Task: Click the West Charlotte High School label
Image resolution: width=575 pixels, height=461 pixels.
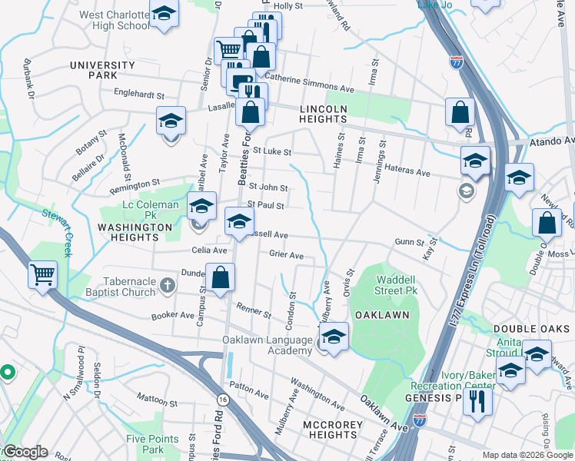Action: pyautogui.click(x=114, y=20)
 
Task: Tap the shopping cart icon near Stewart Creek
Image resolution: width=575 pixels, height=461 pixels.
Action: pyautogui.click(x=42, y=275)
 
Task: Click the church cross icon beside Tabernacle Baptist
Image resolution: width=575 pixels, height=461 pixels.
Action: pyautogui.click(x=166, y=286)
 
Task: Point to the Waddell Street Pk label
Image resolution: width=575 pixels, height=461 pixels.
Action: pyautogui.click(x=397, y=285)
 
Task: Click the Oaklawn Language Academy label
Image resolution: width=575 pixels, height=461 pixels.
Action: pyautogui.click(x=268, y=345)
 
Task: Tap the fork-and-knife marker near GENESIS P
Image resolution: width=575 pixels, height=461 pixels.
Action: pyautogui.click(x=477, y=400)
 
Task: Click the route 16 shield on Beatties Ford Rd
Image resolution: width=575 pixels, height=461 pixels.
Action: pyautogui.click(x=223, y=400)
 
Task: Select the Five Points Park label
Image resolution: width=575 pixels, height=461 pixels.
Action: pyautogui.click(x=152, y=444)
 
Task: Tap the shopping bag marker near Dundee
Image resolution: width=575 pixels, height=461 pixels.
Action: pyautogui.click(x=220, y=278)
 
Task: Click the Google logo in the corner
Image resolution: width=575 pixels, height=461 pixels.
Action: pyautogui.click(x=25, y=452)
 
